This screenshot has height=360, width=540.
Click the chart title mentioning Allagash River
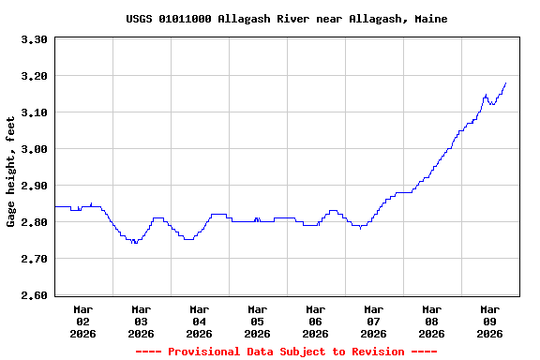(x=286, y=19)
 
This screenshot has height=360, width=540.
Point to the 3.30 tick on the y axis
(x=33, y=40)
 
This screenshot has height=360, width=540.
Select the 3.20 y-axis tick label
(x=33, y=76)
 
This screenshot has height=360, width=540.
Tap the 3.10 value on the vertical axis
(x=33, y=112)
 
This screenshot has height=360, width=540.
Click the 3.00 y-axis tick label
(x=33, y=149)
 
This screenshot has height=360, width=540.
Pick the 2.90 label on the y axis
(x=33, y=186)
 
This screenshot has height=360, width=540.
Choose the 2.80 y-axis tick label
(x=33, y=222)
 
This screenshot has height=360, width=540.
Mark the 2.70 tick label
(x=33, y=259)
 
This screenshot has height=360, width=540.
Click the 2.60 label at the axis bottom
(x=33, y=295)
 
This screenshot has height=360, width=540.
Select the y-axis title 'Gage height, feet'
(x=11, y=172)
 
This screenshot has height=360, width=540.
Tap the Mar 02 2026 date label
(x=82, y=321)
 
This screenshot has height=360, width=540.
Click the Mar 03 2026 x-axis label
(x=141, y=321)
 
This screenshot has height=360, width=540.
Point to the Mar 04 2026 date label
(x=199, y=321)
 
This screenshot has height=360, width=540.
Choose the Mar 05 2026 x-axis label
(x=257, y=321)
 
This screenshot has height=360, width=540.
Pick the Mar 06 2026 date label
(x=315, y=321)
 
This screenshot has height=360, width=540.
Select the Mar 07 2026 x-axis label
(x=373, y=321)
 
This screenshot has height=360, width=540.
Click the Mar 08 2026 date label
(x=431, y=321)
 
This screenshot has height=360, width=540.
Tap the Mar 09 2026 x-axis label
(x=489, y=321)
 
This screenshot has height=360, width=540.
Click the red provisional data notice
(x=286, y=352)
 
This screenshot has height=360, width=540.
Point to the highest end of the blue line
(x=506, y=82)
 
